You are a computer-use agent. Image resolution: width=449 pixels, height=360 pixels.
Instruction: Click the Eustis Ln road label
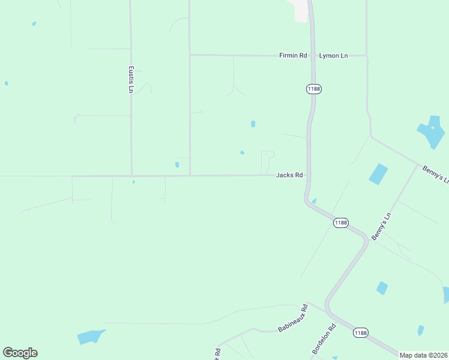pos(131,79)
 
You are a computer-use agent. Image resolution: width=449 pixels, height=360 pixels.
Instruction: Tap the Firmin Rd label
pos(293,55)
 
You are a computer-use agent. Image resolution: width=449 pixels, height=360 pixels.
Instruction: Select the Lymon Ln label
pos(333,55)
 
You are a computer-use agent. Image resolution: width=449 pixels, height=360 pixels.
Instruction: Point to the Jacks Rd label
pos(289,175)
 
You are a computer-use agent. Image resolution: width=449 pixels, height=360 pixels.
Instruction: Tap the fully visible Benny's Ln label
pos(381,227)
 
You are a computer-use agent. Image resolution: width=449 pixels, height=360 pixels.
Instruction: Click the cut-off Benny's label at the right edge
pos(435,175)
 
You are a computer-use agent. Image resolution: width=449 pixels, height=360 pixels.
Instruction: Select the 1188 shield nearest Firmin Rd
pos(313,89)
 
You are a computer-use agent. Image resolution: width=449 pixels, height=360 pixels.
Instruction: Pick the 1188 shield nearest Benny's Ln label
pos(340,223)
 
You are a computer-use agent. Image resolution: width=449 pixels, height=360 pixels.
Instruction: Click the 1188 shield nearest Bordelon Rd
pos(360,333)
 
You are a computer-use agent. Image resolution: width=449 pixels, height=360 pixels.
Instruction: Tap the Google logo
pos(20,353)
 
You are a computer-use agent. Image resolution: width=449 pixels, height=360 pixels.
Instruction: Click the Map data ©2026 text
pos(423,355)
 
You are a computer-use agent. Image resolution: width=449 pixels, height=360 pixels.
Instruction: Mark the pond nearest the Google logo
pos(90,337)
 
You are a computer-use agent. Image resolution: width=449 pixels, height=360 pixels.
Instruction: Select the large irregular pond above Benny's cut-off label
pos(432,131)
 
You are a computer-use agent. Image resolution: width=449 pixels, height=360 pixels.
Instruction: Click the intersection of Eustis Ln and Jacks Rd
pos(131,176)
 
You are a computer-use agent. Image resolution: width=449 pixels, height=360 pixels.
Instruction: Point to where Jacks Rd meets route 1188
pos(307,175)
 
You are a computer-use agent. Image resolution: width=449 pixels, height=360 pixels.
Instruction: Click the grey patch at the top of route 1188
pos(299,10)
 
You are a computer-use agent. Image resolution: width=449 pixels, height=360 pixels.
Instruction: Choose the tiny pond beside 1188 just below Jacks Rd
pos(314,201)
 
